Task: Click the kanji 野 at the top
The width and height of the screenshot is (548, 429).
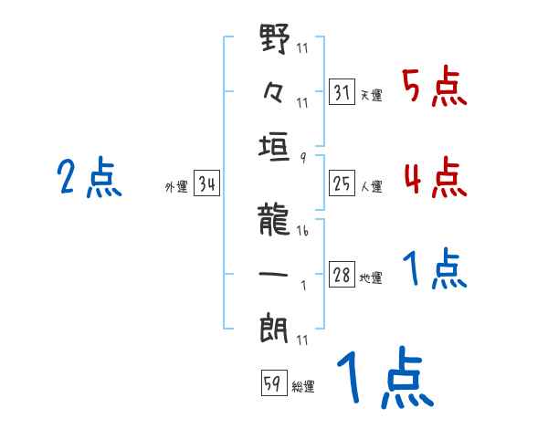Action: point(276,40)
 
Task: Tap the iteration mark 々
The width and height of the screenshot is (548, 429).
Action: point(276,94)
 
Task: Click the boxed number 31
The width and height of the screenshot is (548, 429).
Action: point(342,92)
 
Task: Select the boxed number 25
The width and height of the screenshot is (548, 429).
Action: point(342,185)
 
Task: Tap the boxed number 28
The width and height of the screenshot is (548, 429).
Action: point(342,276)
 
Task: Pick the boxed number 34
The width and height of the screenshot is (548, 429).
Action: point(207,185)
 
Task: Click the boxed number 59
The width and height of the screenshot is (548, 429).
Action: point(272,383)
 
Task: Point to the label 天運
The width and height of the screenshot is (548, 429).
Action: point(371,95)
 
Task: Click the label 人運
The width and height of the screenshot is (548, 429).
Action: point(371,187)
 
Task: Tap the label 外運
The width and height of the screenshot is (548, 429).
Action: point(175,187)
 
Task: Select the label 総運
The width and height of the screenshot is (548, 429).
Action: point(303,386)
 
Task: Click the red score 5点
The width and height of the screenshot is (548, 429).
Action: point(435,88)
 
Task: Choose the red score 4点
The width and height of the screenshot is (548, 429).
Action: point(435,178)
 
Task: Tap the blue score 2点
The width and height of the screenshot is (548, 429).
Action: point(90,178)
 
